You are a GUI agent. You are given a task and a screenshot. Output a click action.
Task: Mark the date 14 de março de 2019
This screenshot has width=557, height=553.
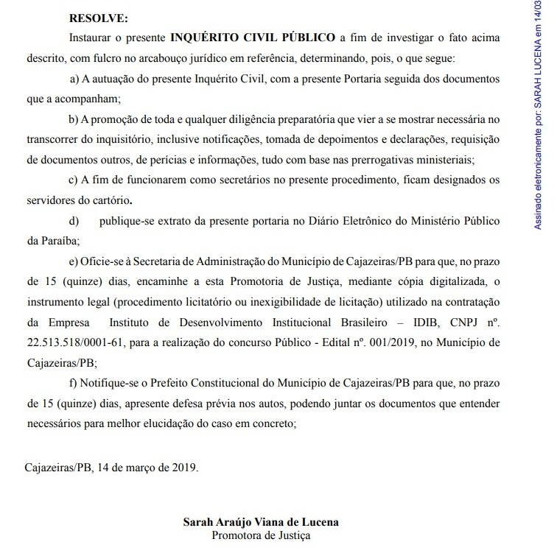tap(147, 467)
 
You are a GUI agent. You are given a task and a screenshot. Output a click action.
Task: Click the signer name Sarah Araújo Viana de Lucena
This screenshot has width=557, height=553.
tap(261, 522)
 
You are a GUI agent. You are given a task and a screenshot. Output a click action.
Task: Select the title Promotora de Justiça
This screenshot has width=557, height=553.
tap(261, 535)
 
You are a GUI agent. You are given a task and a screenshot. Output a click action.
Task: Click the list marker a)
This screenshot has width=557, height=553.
tap(73, 77)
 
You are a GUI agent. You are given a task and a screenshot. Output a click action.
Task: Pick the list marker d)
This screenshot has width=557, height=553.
tap(73, 220)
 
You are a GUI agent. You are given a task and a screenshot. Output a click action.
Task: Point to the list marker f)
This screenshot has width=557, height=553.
tap(71, 382)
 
